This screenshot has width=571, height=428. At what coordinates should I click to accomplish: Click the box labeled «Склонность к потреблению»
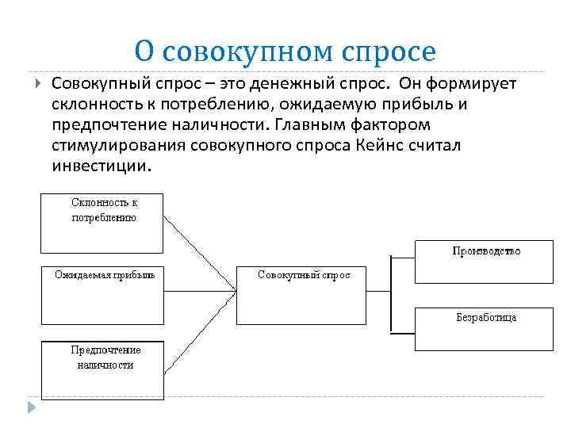pyautogui.click(x=102, y=221)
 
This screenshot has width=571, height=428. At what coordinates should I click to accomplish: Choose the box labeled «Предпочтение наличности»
pyautogui.click(x=102, y=369)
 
